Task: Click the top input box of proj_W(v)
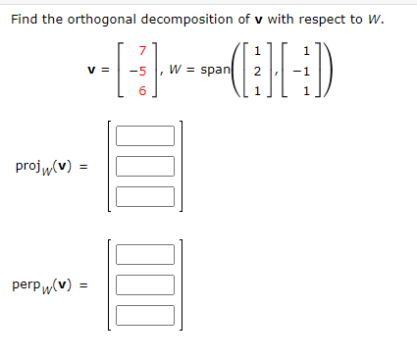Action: [145, 135]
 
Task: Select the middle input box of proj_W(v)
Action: [145, 166]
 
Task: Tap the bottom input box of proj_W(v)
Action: [145, 196]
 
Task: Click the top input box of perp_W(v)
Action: [145, 255]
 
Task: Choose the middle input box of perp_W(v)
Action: [145, 285]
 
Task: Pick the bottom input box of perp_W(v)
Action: [145, 316]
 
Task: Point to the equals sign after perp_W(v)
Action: [84, 285]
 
